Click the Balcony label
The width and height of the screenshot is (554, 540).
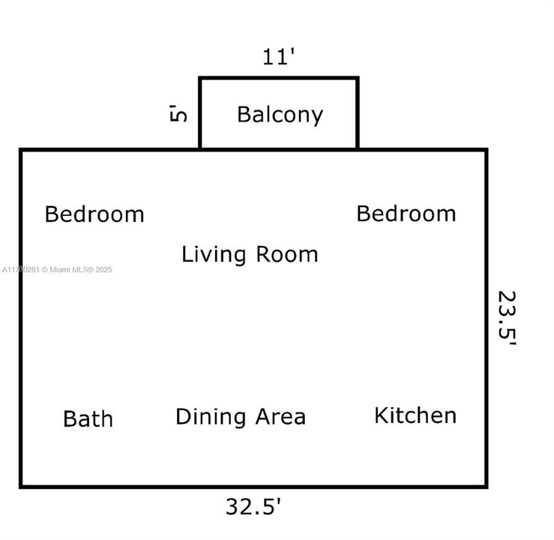280,114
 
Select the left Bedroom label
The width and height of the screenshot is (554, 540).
94,214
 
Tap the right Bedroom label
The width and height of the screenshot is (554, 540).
406,214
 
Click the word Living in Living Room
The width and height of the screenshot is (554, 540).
214,254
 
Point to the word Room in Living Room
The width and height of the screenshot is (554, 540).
287,254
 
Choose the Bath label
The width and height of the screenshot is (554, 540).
88,418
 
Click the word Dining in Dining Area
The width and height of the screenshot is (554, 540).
208,417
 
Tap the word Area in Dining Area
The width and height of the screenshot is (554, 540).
279,417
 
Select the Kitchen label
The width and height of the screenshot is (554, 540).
415,415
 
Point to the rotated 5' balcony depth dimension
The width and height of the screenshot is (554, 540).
178,114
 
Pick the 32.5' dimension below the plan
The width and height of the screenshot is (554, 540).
253,506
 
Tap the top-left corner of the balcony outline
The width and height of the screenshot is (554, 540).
200,78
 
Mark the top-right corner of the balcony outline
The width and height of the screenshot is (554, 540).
357,78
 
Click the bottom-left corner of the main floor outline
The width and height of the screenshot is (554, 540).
21,486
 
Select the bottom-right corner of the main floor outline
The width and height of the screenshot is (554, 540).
486,486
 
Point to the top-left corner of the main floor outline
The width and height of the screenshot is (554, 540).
21,150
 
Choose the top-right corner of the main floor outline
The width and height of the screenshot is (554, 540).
486,150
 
